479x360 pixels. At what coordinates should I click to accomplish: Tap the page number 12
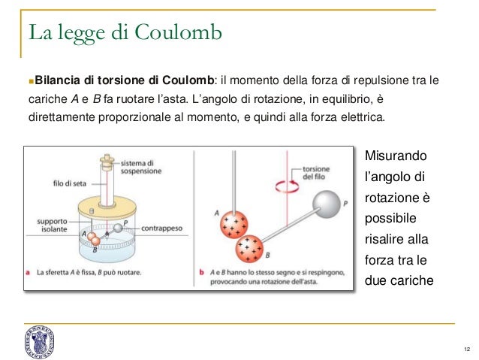pos(468,349)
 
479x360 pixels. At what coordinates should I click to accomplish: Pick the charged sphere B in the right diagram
pos(249,247)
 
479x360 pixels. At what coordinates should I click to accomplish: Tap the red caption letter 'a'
pos(28,272)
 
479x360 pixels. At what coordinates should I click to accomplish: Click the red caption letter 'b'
pos(203,272)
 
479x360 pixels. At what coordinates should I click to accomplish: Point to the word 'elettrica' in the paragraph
pos(360,118)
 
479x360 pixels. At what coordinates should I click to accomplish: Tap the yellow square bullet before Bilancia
pos(29,80)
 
